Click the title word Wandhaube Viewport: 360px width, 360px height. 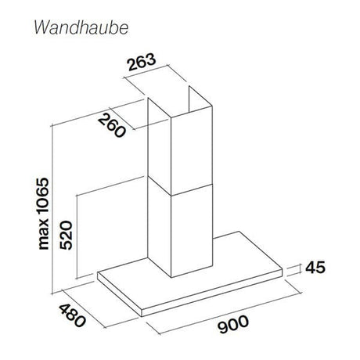tap(81, 27)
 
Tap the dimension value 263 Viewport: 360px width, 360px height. tap(141, 62)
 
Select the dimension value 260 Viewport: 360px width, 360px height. tap(111, 125)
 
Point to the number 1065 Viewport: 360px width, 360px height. tap(43, 199)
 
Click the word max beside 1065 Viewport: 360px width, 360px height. tap(43, 236)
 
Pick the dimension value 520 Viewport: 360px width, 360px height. tap(66, 235)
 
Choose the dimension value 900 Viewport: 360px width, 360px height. tap(233, 324)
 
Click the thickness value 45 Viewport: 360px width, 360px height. tap(315, 267)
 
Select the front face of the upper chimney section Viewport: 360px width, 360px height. tap(192, 150)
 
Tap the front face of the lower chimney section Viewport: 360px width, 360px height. tap(192, 231)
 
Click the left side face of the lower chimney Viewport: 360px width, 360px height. tap(159, 225)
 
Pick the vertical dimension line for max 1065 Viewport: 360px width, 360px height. tap(52, 210)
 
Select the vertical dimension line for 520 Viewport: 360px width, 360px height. tap(77, 236)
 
